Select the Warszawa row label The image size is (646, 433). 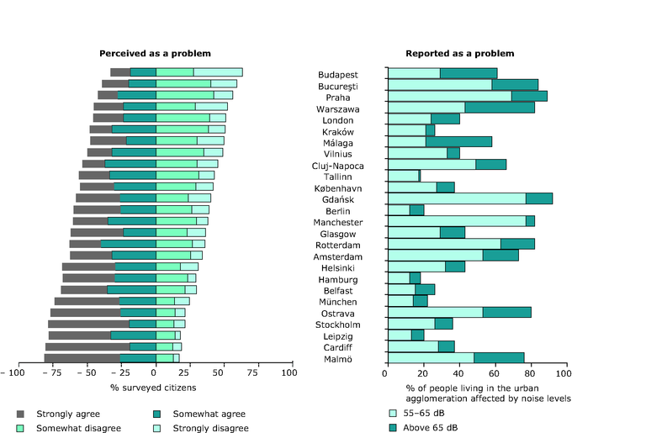(x=338, y=108)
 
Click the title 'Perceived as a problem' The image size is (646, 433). (x=154, y=54)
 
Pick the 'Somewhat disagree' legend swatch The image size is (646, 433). (x=22, y=428)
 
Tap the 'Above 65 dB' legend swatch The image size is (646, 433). (x=393, y=428)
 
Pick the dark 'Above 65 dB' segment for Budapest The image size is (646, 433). (x=469, y=74)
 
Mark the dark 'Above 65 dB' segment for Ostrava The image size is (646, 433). (x=506, y=312)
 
